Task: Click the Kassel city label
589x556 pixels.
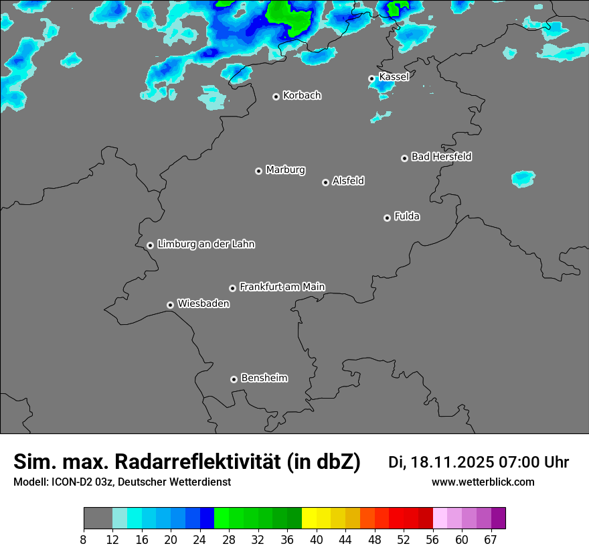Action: click(394, 77)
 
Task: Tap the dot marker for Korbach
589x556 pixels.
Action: click(276, 96)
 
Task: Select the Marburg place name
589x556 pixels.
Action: click(285, 170)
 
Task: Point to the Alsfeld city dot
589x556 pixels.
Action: click(325, 182)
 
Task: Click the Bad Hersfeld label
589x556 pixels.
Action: click(441, 157)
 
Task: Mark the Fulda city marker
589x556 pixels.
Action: click(387, 218)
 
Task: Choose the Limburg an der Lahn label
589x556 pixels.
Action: click(205, 245)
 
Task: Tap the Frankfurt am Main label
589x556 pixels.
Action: click(282, 287)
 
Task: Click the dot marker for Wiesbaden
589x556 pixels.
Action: click(170, 305)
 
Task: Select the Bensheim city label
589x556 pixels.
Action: click(264, 378)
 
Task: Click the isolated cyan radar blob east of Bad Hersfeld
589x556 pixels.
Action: click(523, 178)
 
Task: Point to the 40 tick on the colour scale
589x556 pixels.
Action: click(317, 539)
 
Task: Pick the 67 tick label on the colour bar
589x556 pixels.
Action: click(491, 539)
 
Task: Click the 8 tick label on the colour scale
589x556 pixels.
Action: click(84, 539)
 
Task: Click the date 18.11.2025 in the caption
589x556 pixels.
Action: click(451, 462)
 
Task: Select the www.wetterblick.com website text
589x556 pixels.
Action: click(483, 482)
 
